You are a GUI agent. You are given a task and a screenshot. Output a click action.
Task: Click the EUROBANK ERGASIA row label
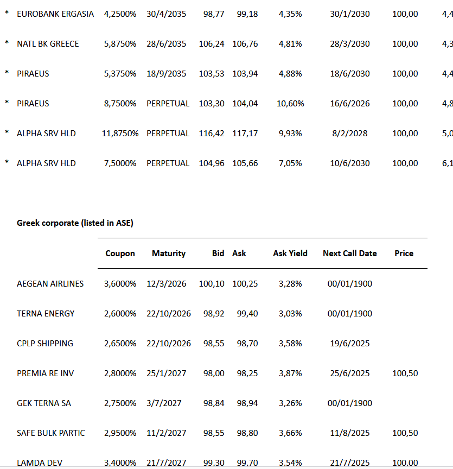pyautogui.click(x=55, y=14)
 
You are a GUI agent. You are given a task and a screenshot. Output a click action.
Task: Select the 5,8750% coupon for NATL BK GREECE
pyautogui.click(x=120, y=44)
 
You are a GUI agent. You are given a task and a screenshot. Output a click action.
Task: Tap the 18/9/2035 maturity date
pyautogui.click(x=166, y=74)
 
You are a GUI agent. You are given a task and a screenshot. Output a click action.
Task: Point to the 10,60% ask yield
pyautogui.click(x=290, y=104)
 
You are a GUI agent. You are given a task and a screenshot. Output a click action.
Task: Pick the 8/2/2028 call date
pyautogui.click(x=349, y=134)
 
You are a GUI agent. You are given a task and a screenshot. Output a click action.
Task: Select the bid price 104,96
pyautogui.click(x=212, y=163)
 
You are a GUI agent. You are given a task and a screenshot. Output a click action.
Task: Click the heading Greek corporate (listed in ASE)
pyautogui.click(x=75, y=223)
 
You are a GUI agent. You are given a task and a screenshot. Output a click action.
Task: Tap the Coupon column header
pyautogui.click(x=120, y=253)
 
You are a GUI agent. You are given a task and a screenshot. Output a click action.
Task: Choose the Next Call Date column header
pyautogui.click(x=349, y=253)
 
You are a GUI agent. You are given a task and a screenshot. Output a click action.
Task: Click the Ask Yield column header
pyautogui.click(x=290, y=253)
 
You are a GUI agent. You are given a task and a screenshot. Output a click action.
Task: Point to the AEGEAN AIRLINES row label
pyautogui.click(x=50, y=284)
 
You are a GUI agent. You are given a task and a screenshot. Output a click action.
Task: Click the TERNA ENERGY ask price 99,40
pyautogui.click(x=247, y=314)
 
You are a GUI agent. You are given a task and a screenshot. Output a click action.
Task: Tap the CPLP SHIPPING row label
pyautogui.click(x=45, y=344)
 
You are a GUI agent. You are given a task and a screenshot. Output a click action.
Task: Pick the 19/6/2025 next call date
pyautogui.click(x=349, y=344)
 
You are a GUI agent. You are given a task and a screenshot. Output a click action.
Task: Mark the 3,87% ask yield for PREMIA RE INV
pyautogui.click(x=290, y=373)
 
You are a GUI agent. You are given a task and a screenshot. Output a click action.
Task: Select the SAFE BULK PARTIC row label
pyautogui.click(x=51, y=433)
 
